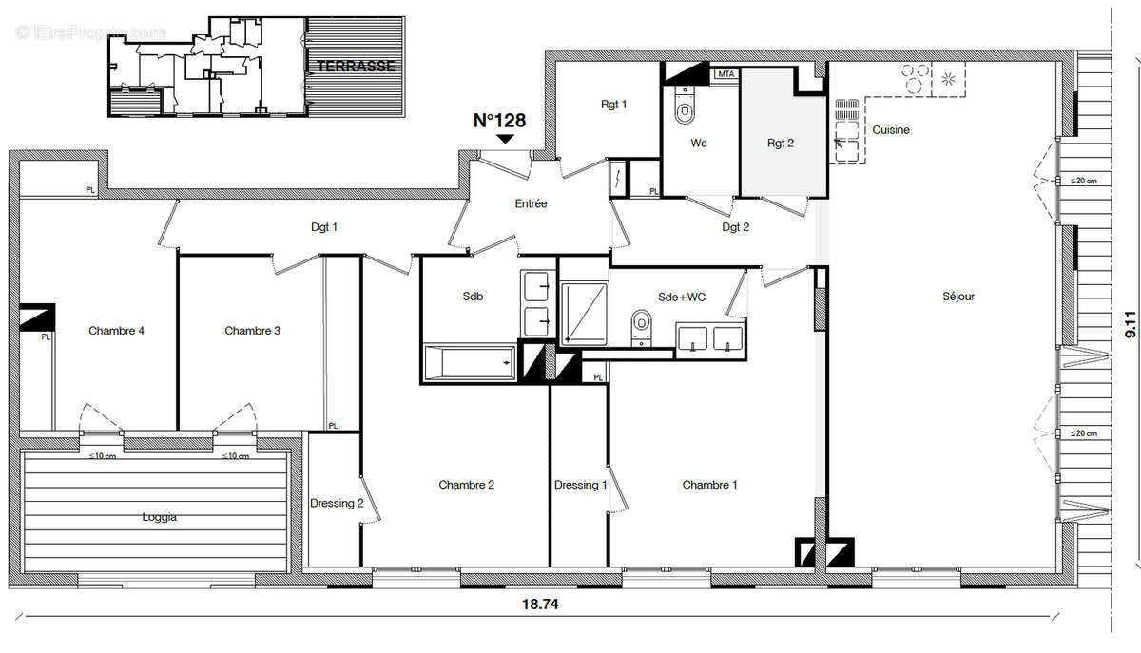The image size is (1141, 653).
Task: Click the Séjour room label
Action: point(958,297)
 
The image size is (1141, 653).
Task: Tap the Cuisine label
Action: point(891,130)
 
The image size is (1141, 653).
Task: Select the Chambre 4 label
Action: point(116,331)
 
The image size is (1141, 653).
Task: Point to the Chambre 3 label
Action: point(252,331)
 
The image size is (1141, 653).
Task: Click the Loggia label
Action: point(159,518)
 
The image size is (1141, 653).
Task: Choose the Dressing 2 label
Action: point(337,503)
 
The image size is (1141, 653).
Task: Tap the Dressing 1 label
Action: point(581,485)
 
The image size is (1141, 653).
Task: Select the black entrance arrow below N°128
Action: point(506,139)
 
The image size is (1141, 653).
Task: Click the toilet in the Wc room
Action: point(685,110)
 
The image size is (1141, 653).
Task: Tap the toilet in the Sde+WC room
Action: point(642,326)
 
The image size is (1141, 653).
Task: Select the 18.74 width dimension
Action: point(540,603)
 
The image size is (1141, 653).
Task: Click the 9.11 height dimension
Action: point(1130,326)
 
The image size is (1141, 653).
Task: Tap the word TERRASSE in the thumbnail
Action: point(356,67)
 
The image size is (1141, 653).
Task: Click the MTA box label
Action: point(725,73)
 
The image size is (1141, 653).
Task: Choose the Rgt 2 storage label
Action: point(780,144)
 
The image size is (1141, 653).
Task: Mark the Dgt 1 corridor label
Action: point(324,227)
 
